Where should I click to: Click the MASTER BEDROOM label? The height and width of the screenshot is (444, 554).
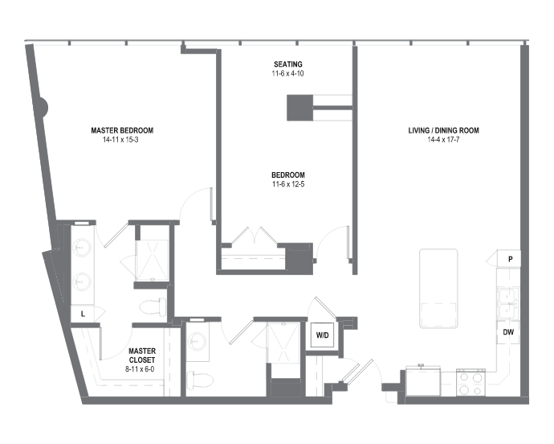pos(122,130)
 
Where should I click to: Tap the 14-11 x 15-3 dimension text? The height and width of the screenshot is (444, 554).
pos(120,139)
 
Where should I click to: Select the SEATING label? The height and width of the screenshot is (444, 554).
pos(288,64)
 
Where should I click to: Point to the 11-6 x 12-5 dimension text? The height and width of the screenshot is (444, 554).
pos(288,184)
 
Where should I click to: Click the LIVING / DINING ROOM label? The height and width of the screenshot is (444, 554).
pos(443,130)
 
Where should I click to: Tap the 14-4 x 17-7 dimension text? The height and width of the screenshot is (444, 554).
pos(443,139)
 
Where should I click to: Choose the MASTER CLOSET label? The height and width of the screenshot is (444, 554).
pos(142,356)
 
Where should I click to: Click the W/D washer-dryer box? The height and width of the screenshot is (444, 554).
pos(322,335)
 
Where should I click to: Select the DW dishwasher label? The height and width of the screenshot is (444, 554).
pos(508,332)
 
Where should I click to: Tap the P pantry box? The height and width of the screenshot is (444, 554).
pos(509,259)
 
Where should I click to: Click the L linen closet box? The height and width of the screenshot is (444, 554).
pos(83,314)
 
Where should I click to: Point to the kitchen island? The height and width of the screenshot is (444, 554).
pos(438,289)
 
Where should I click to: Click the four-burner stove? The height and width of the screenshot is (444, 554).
pos(470,382)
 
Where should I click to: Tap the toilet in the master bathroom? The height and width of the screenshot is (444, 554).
pos(153,306)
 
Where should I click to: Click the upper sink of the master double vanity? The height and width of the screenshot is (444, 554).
pos(82,248)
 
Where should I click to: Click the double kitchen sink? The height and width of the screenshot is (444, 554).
pos(508,303)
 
